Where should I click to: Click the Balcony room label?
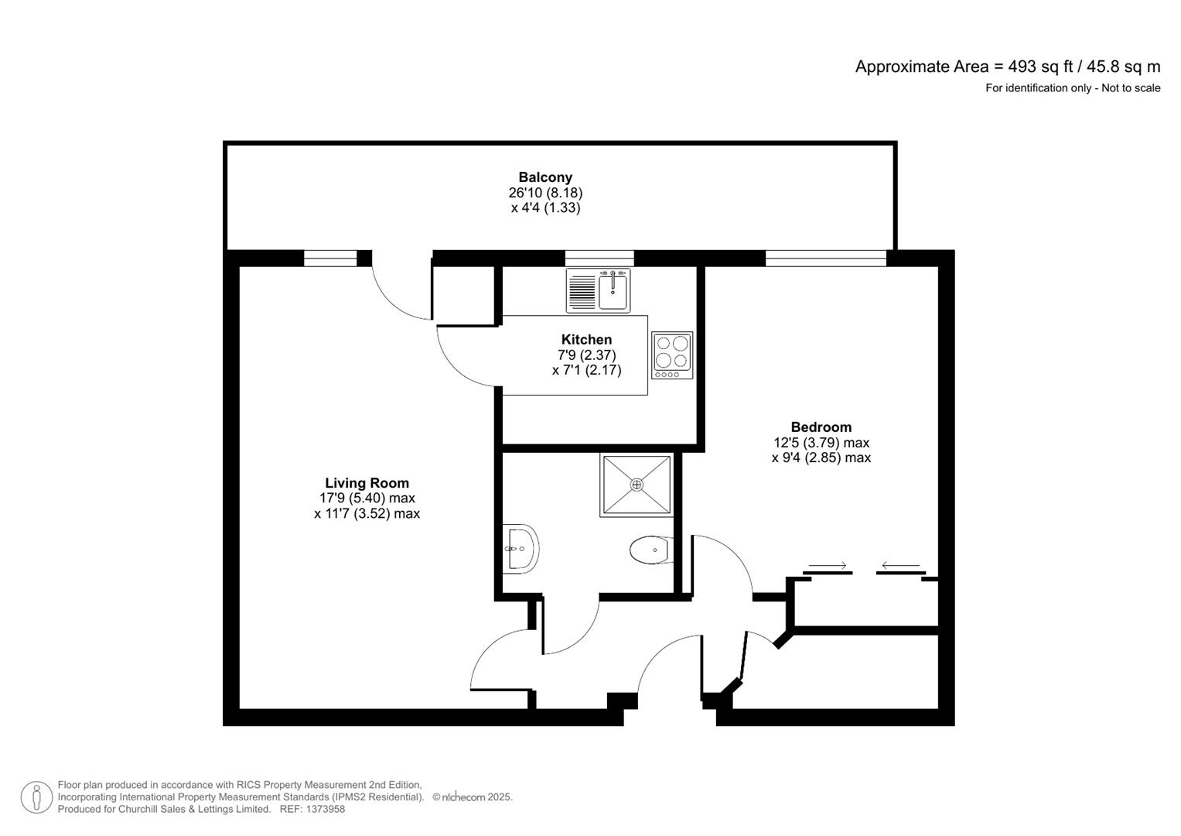tap(545, 177)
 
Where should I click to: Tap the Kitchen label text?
tap(586, 339)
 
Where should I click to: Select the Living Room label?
tap(367, 483)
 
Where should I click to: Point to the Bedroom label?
tap(821, 427)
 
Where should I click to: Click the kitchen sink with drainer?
tap(598, 290)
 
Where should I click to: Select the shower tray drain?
tap(637, 485)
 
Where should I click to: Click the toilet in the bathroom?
tap(650, 550)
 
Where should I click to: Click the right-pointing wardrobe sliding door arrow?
tap(828, 566)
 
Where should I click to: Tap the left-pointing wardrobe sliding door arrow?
tap(900, 566)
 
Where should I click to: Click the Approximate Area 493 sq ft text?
tap(1007, 67)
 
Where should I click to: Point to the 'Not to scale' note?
tap(1131, 88)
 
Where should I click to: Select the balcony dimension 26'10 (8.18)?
tap(545, 193)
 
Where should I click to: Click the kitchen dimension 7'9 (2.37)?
tap(586, 355)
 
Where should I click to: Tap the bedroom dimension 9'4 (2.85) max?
tap(821, 457)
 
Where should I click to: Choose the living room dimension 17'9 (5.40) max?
tap(367, 499)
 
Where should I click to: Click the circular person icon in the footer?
tap(36, 797)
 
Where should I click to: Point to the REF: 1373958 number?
tap(312, 809)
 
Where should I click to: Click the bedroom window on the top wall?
tap(825, 259)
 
